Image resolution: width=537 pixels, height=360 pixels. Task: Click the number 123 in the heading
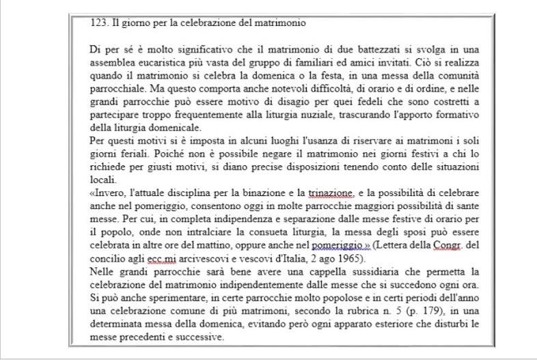pyautogui.click(x=99, y=23)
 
